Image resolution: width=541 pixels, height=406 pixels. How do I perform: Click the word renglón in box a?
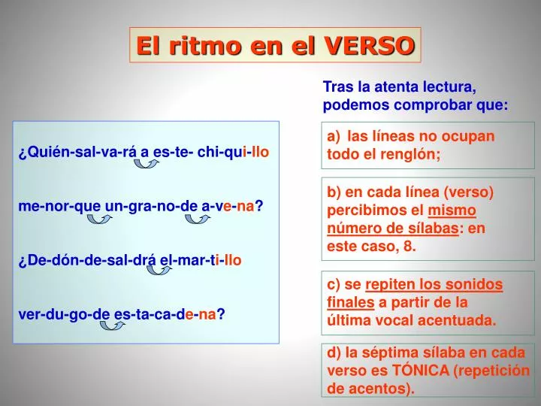point(410,153)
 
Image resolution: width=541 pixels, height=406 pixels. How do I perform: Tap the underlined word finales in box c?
point(351,302)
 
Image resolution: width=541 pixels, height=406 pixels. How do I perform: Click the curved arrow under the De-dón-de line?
point(159,269)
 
